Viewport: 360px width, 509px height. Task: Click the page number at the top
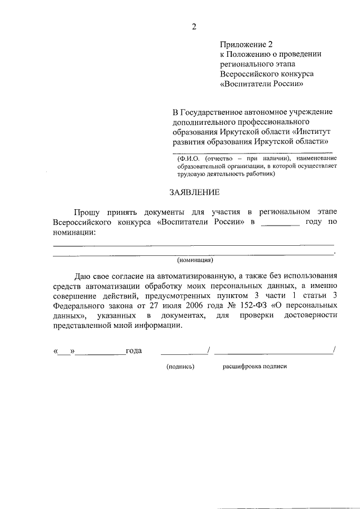pyautogui.click(x=194, y=26)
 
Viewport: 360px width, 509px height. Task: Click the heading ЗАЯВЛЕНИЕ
pyautogui.click(x=194, y=193)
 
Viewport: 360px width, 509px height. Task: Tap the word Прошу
pyautogui.click(x=87, y=212)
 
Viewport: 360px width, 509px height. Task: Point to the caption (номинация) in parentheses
pyautogui.click(x=195, y=260)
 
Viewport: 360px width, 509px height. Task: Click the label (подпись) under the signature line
pyautogui.click(x=180, y=366)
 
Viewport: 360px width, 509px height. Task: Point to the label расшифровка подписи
pyautogui.click(x=254, y=366)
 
